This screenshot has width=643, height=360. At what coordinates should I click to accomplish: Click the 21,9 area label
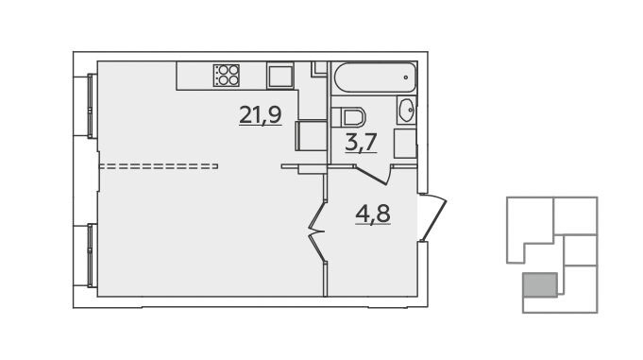[261, 115]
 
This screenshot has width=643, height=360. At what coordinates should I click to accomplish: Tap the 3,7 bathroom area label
[362, 143]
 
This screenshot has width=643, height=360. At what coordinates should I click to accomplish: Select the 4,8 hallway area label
[373, 214]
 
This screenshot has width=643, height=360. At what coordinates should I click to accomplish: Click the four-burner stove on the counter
[226, 76]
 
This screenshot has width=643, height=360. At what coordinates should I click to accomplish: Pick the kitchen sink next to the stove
[280, 76]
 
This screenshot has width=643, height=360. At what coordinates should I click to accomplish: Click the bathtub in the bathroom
[375, 77]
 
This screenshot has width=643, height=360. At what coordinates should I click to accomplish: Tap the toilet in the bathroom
[348, 117]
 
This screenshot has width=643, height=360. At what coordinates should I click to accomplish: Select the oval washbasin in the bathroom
[407, 110]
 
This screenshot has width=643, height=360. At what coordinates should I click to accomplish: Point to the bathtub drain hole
[406, 77]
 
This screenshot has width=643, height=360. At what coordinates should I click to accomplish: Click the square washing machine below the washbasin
[405, 144]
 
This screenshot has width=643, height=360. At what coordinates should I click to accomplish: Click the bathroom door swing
[372, 174]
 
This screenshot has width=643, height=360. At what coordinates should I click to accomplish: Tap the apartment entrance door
[432, 217]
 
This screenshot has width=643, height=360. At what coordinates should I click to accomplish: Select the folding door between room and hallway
[317, 231]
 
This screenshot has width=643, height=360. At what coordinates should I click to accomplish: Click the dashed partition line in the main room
[159, 166]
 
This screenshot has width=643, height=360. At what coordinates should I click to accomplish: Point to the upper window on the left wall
[92, 106]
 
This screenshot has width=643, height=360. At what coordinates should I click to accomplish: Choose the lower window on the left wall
[92, 255]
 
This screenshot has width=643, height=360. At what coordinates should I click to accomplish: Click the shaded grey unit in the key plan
[540, 284]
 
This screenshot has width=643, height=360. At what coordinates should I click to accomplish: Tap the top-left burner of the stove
[223, 70]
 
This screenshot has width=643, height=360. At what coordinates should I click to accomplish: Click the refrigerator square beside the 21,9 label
[312, 136]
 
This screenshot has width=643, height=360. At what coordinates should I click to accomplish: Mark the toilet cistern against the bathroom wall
[336, 117]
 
